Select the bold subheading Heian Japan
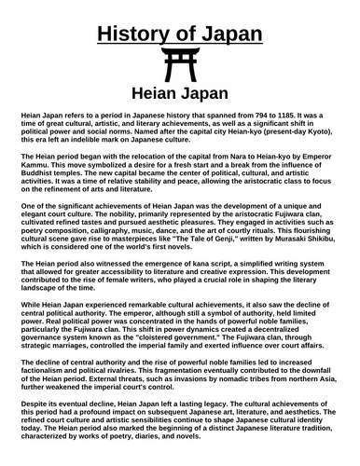coord(179,96)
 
